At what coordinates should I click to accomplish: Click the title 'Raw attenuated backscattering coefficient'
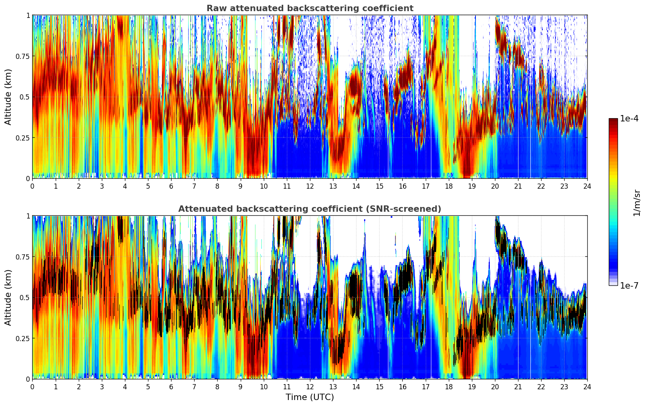coord(310,8)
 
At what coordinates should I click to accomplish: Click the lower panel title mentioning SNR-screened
coord(310,209)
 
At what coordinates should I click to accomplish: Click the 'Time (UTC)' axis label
coord(310,397)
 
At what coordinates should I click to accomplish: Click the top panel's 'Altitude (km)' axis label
coord(8,97)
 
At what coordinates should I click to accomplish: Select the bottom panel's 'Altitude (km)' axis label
coord(8,297)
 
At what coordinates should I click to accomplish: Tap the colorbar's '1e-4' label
coord(629,119)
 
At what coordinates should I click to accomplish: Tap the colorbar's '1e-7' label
coord(629,285)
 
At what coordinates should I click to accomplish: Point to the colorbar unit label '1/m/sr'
coord(637,203)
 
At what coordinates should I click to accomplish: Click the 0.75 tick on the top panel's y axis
coord(23,56)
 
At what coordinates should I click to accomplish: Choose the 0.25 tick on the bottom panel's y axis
coord(23,338)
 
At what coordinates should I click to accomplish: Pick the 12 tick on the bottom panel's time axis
coord(310,386)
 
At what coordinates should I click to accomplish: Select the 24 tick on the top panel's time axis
coord(587,186)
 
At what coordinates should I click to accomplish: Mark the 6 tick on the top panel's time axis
coord(171,186)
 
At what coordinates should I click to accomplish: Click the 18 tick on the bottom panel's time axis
coord(449,386)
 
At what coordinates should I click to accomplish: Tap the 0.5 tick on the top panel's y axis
coord(25,97)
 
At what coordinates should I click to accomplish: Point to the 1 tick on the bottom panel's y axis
coord(28,216)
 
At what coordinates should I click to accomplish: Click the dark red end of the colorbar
coord(613,121)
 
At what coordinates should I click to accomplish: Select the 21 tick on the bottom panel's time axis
coord(518,386)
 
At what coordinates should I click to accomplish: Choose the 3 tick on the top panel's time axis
coord(102,186)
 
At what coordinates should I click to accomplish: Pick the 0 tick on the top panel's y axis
coord(28,178)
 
